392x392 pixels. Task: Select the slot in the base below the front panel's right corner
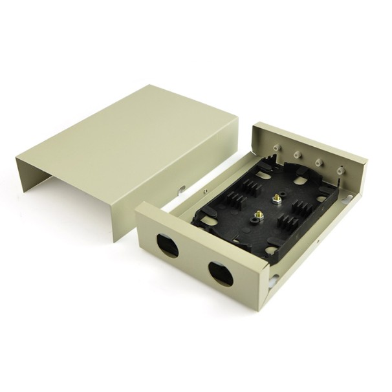point(276,279)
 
